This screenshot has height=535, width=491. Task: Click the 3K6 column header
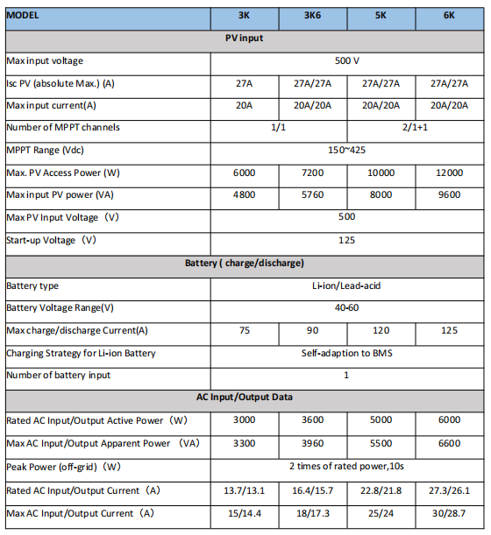(x=312, y=17)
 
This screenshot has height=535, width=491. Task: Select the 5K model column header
(x=381, y=17)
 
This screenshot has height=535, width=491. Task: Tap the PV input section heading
(x=245, y=39)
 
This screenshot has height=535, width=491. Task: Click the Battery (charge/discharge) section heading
(x=245, y=264)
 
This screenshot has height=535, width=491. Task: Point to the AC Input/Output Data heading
(x=245, y=398)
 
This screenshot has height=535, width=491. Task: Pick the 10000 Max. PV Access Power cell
(x=381, y=173)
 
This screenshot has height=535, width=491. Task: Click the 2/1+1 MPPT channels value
(x=415, y=128)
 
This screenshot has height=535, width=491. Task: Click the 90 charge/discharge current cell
(x=312, y=330)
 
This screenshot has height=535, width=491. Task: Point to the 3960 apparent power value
(x=312, y=443)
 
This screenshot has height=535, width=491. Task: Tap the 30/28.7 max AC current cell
(x=449, y=512)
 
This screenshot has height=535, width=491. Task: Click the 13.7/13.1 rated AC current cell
(x=245, y=489)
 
